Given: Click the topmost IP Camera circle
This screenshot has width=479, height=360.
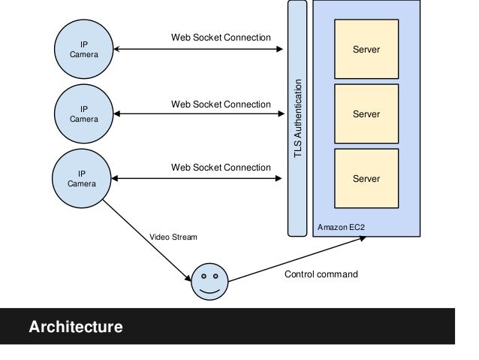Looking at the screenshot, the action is [83, 50].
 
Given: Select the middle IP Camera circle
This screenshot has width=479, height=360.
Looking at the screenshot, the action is [83, 113].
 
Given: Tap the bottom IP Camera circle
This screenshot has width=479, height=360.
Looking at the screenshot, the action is [82, 179].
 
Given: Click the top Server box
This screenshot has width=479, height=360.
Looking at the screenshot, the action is [366, 50].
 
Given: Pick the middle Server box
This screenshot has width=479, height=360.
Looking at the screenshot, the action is [366, 113].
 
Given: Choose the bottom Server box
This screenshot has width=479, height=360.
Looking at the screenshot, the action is [366, 179].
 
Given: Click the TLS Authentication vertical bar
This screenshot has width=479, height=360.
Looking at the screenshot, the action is [297, 118].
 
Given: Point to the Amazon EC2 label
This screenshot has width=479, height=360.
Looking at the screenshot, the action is [341, 227].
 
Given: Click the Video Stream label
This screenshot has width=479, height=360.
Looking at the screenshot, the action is [173, 237].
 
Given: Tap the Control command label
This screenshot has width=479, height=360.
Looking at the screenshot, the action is [321, 274].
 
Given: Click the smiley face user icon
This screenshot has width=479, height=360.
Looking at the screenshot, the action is [209, 282].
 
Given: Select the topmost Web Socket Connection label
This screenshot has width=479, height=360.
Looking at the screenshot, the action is [221, 38].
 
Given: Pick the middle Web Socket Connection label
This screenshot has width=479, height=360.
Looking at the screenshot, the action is [221, 104].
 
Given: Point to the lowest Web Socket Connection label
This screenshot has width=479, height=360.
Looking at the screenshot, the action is [221, 168].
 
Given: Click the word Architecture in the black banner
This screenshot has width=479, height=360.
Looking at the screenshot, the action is [76, 327].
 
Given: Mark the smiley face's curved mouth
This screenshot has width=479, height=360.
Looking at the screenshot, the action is [209, 291].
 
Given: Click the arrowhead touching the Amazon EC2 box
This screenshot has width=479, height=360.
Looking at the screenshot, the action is [363, 238].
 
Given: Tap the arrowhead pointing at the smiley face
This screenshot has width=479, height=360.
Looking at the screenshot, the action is [188, 278].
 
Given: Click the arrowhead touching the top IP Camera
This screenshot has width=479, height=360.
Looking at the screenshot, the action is [116, 49].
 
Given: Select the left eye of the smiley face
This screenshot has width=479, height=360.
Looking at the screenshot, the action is [203, 276].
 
